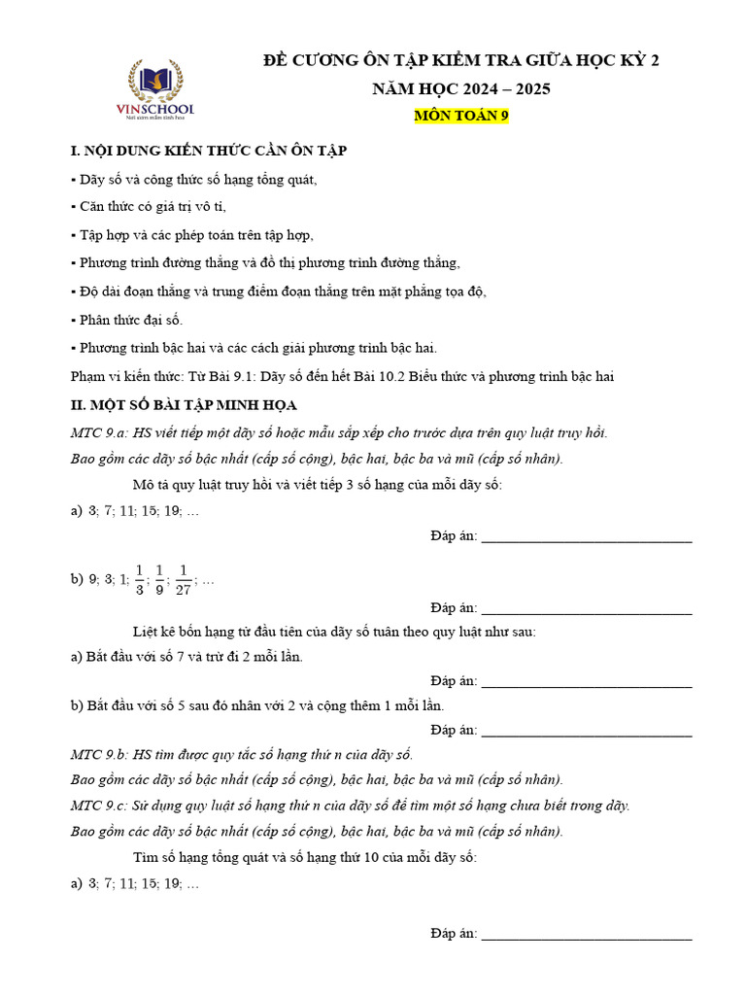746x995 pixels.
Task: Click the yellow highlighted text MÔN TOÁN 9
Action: tap(461, 116)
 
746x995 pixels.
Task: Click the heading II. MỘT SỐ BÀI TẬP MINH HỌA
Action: tap(184, 404)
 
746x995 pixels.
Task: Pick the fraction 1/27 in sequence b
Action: tap(183, 580)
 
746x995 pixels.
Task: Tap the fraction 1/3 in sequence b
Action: tap(139, 580)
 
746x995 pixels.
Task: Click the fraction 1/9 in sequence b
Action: tap(159, 580)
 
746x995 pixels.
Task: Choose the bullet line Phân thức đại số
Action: tap(127, 320)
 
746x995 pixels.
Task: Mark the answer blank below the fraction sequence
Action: tap(586, 608)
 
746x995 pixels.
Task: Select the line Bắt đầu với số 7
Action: tap(186, 657)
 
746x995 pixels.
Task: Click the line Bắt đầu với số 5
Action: tap(257, 706)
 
